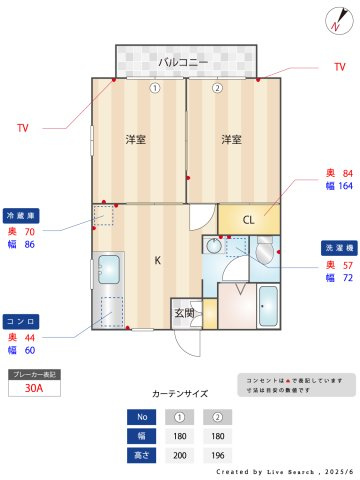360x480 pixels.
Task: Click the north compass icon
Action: tap(334, 21)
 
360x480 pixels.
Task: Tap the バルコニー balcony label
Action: tap(184, 62)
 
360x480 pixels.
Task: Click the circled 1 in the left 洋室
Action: tap(155, 88)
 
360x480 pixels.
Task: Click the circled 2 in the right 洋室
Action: tap(217, 88)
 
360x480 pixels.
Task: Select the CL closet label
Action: tap(249, 219)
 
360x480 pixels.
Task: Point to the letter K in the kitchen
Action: tap(157, 260)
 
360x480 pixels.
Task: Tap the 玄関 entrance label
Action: tap(184, 313)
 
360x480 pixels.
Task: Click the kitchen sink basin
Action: tap(109, 269)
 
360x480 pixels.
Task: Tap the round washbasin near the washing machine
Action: tap(214, 246)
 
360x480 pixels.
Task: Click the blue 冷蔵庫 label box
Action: tap(22, 215)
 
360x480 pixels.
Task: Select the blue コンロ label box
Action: tap(22, 321)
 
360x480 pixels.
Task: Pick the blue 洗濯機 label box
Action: tap(336, 246)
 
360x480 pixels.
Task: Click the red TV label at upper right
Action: tap(339, 67)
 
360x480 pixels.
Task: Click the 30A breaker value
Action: tap(33, 389)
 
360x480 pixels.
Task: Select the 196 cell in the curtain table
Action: tap(217, 454)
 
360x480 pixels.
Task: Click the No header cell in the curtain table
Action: tap(142, 417)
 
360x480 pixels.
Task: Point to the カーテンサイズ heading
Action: tap(180, 394)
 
